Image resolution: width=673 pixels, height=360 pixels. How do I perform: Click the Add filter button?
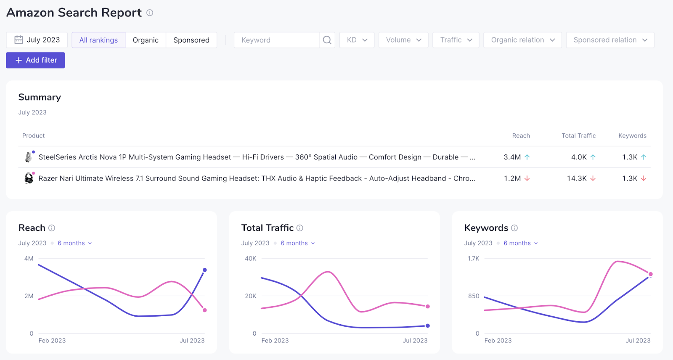(x=35, y=60)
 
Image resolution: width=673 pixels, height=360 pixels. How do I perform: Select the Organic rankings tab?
(x=146, y=40)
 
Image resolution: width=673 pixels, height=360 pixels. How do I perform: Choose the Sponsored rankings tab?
(x=191, y=40)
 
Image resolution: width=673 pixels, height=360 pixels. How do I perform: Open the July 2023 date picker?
(x=37, y=40)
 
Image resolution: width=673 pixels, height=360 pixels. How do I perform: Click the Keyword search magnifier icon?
(x=327, y=40)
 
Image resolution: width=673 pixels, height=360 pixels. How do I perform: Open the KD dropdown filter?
(x=357, y=40)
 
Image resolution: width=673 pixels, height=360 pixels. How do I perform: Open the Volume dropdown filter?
(x=403, y=40)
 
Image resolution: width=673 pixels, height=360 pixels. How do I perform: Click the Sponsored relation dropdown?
(x=610, y=40)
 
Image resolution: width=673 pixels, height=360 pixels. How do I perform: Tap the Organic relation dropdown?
(x=522, y=40)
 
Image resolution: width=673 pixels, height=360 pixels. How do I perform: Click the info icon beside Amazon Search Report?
(x=150, y=13)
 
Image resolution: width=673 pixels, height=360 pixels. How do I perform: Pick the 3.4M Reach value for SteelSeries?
(x=512, y=157)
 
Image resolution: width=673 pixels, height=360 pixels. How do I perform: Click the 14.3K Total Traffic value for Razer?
(x=577, y=178)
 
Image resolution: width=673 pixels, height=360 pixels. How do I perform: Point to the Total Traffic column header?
(x=578, y=135)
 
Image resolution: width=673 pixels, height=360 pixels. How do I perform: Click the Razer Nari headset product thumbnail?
(x=29, y=178)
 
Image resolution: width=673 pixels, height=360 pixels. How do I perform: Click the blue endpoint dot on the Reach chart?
(x=205, y=270)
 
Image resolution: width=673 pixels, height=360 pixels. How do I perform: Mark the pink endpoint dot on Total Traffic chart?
(x=428, y=307)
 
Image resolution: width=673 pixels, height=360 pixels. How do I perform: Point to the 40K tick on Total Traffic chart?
(x=250, y=259)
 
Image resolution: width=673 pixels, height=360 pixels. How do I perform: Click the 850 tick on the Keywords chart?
(x=474, y=296)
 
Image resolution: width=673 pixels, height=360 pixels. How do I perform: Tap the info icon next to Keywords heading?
(x=514, y=228)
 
